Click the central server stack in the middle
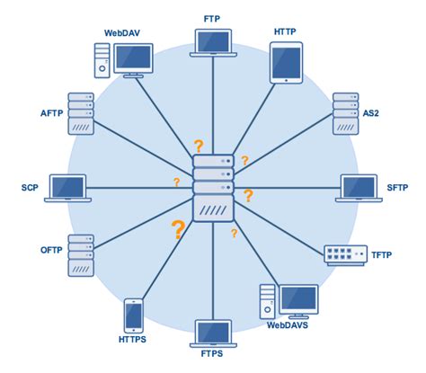pos(213,189)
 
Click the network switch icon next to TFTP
pos(345,254)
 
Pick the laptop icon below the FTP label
pos(213,41)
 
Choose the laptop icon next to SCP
pos(69,188)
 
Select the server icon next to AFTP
pos(80,112)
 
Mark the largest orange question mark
pos(178,229)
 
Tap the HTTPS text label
pos(135,341)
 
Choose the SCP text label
pos(29,189)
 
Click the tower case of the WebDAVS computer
pos(268,301)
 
